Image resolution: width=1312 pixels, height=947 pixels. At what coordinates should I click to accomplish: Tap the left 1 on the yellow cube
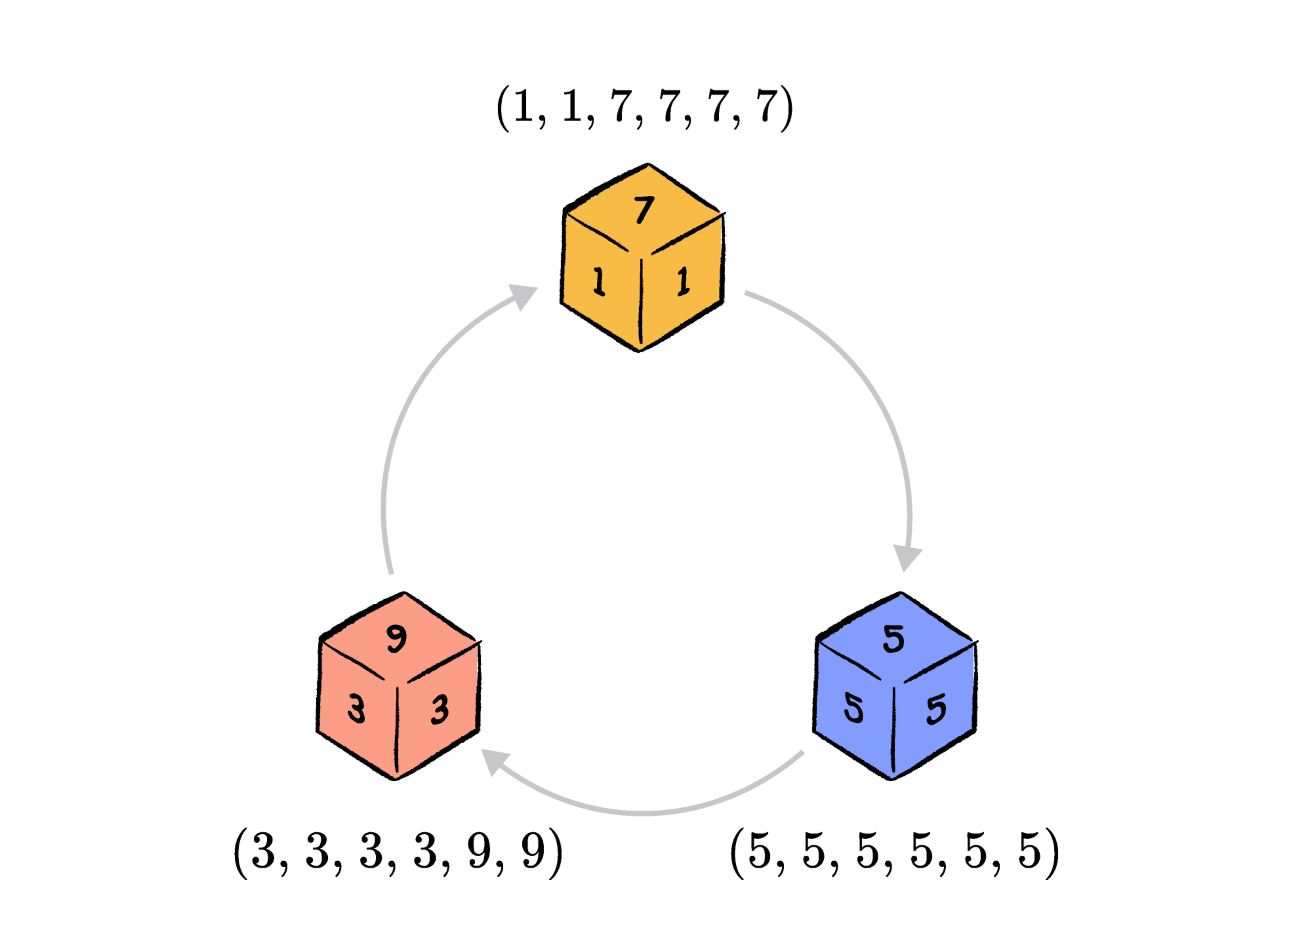pyautogui.click(x=599, y=282)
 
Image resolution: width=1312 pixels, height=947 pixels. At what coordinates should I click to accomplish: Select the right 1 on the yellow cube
pyautogui.click(x=684, y=281)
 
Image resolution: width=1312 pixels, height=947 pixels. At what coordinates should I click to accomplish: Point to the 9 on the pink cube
pyautogui.click(x=397, y=639)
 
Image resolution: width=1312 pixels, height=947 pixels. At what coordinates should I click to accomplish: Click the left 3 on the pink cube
pyautogui.click(x=356, y=709)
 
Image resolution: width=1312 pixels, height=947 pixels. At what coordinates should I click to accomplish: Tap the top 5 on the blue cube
pyautogui.click(x=894, y=639)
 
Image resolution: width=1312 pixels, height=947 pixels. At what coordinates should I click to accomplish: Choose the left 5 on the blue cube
pyautogui.click(x=853, y=709)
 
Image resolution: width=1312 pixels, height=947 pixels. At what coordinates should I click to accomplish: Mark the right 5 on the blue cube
pyautogui.click(x=936, y=709)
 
